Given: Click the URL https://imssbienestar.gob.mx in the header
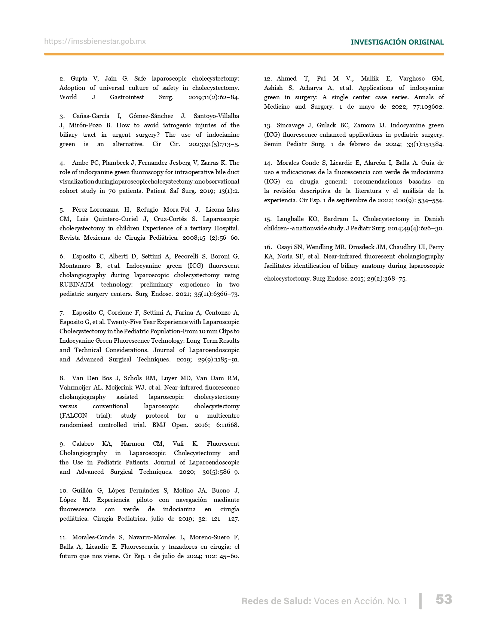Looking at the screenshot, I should pyautogui.click(x=95, y=41).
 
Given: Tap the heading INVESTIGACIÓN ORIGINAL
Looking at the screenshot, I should pyautogui.click(x=397, y=42).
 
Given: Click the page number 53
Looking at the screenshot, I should pyautogui.click(x=444, y=599).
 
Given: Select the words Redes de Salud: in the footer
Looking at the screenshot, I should pyautogui.click(x=276, y=601).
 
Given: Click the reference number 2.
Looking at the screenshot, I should pyautogui.click(x=62, y=79).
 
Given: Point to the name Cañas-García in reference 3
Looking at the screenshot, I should pyautogui.click(x=91, y=116).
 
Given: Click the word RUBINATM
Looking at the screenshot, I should pyautogui.click(x=76, y=285).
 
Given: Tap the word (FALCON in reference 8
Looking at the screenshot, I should pyautogui.click(x=73, y=416).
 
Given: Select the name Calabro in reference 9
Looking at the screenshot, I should pyautogui.click(x=83, y=444).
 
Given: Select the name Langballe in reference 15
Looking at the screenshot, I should pyautogui.click(x=290, y=219).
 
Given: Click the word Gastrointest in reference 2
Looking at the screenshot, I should pyautogui.click(x=127, y=97).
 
